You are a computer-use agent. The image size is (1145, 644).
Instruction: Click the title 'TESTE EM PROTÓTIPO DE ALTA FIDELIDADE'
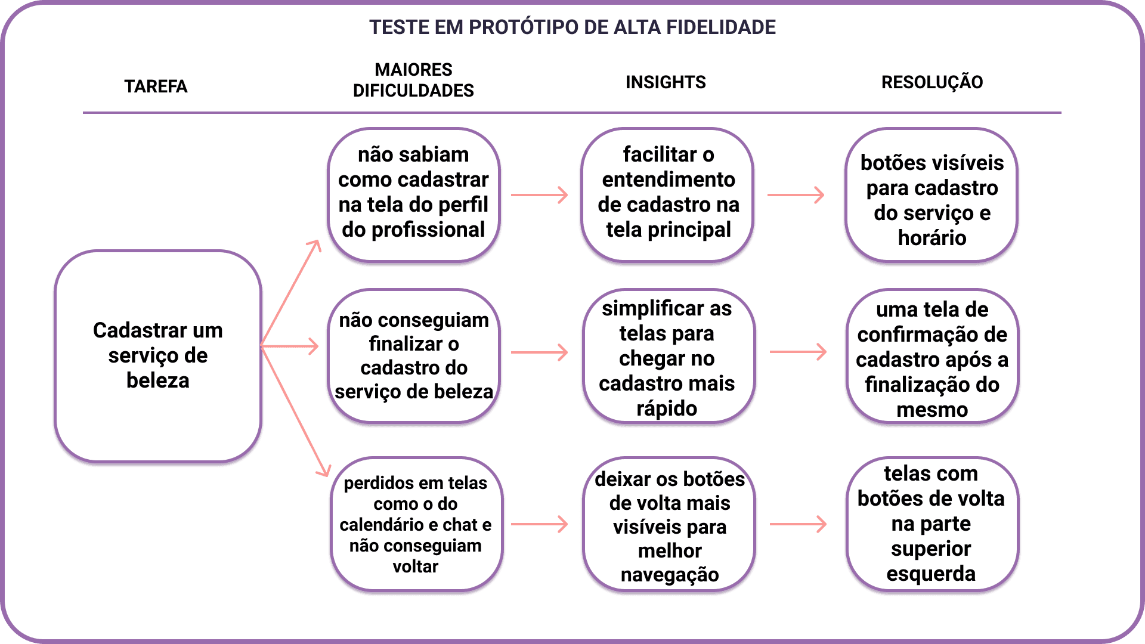click(572, 27)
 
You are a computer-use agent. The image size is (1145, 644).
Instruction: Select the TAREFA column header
click(156, 86)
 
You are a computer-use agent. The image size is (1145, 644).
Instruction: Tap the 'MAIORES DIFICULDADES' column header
click(413, 80)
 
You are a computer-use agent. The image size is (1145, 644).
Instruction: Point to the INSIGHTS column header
click(666, 82)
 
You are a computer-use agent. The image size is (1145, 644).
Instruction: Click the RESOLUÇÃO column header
click(932, 82)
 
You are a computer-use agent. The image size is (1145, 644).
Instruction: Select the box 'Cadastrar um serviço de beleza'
click(158, 355)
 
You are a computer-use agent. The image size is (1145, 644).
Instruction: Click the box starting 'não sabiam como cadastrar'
click(413, 194)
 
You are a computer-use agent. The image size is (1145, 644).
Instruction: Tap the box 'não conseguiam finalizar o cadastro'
click(414, 356)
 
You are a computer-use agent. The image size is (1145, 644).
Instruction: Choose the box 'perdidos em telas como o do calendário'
click(416, 524)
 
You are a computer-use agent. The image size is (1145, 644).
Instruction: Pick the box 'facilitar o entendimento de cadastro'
click(668, 194)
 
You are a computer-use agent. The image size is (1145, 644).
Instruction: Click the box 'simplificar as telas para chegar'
click(668, 356)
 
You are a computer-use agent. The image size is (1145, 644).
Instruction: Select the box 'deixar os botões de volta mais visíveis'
click(669, 524)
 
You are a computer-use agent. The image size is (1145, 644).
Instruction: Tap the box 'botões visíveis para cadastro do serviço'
click(932, 194)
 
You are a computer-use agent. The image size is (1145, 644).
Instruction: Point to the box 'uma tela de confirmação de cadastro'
click(932, 356)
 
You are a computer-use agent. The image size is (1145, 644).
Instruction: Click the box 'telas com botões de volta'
click(932, 524)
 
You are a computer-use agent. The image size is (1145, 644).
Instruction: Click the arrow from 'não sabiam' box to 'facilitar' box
click(539, 195)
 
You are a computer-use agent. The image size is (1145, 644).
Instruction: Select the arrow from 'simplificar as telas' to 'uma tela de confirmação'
click(798, 352)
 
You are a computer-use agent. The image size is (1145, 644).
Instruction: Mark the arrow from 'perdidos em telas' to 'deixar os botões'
click(539, 524)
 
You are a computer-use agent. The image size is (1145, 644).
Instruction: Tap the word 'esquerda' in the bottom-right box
click(931, 574)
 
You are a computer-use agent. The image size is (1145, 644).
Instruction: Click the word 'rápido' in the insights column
click(667, 408)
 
